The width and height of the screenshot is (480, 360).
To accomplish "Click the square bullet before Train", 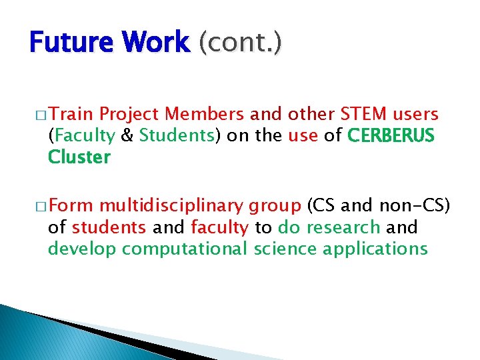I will pos(41,115).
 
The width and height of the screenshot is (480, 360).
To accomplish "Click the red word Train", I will pos(72,114).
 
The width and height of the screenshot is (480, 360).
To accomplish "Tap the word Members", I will pos(204,114).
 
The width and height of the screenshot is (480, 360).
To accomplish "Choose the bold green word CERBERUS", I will pos(391,136).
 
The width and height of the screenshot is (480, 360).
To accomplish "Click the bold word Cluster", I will pos(79,158).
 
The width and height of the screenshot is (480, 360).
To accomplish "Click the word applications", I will pos(375,250).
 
